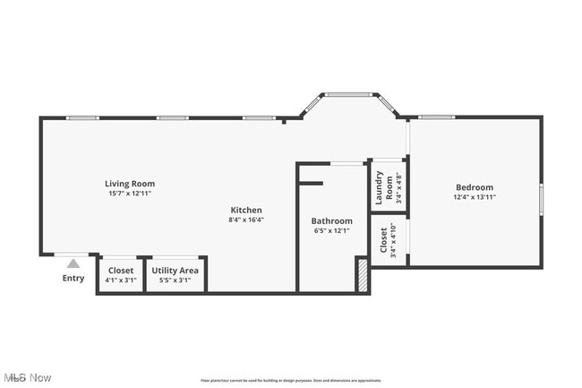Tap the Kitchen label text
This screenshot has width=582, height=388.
(x=245, y=210)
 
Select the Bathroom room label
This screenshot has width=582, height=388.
(x=331, y=220)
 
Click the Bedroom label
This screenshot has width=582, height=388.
(x=475, y=187)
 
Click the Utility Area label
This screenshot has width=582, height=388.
(x=175, y=270)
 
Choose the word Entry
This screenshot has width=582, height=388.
(x=73, y=278)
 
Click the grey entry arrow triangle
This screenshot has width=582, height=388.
(x=73, y=263)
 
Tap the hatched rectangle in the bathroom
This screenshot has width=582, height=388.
(x=362, y=274)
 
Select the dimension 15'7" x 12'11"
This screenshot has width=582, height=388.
(x=130, y=194)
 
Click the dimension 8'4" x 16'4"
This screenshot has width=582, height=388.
(x=245, y=220)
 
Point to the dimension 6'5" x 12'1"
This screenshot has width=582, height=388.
(x=331, y=230)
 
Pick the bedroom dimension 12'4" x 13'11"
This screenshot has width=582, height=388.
(x=475, y=197)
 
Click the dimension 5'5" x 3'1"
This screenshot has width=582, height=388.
(x=175, y=280)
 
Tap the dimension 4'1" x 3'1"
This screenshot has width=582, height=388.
(x=121, y=280)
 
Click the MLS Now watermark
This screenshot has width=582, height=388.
(x=27, y=378)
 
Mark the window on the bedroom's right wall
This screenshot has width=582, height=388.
(x=541, y=198)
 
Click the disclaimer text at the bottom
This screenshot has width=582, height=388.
(x=291, y=381)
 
